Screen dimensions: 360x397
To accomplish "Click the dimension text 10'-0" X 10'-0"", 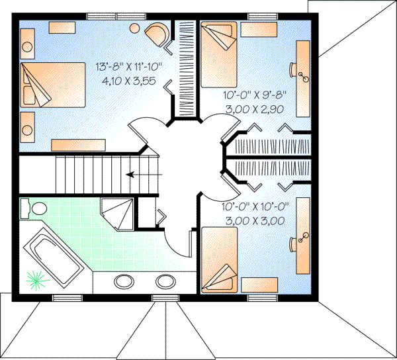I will click(252, 207).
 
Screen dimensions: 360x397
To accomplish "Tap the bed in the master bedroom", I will click(46, 84).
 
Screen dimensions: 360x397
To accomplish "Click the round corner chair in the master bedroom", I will click(158, 33).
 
